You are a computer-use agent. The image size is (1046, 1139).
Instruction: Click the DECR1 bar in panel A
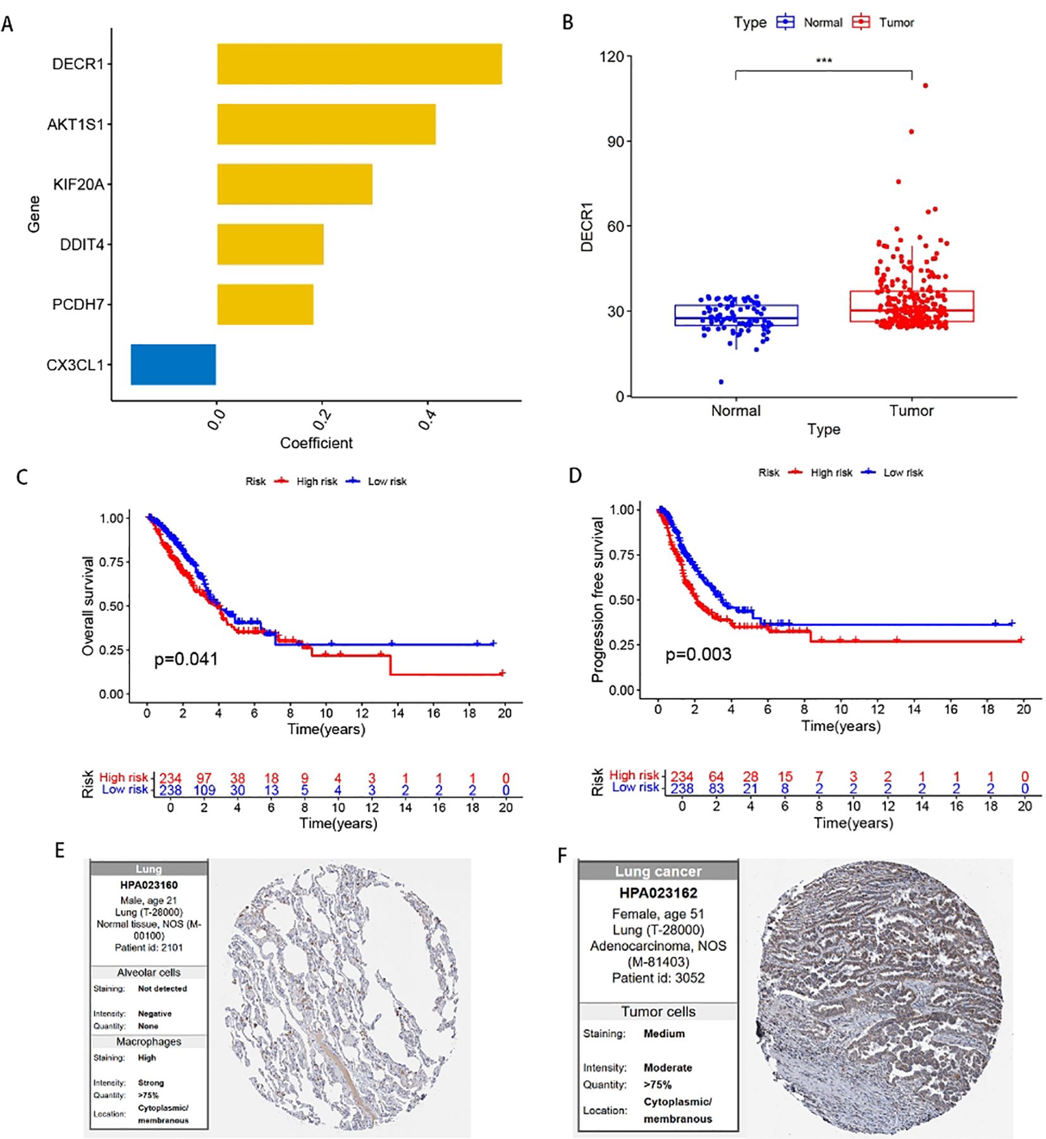tap(359, 64)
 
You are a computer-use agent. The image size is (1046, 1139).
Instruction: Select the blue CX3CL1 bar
tap(173, 364)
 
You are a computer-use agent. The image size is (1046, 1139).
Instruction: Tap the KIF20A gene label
tap(78, 185)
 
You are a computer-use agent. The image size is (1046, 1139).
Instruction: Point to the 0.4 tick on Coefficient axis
tap(428, 418)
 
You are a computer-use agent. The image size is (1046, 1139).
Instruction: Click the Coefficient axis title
tap(316, 443)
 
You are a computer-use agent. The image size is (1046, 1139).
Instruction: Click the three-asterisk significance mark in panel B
tap(823, 61)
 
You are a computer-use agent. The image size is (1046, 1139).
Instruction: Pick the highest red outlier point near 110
tap(925, 85)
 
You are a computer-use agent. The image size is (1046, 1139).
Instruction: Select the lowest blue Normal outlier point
tap(721, 382)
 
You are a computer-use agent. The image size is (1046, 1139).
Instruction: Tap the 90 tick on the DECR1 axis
tap(615, 141)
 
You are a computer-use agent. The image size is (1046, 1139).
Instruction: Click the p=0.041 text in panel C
tap(186, 660)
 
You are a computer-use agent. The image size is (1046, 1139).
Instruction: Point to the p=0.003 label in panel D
tap(698, 655)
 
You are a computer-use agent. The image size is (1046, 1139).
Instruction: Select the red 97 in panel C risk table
tap(204, 778)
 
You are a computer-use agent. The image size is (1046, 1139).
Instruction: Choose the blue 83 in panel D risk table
tap(716, 789)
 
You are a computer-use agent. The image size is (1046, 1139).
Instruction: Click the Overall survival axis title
tap(88, 605)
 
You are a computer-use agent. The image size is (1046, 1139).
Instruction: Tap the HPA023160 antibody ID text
tap(149, 885)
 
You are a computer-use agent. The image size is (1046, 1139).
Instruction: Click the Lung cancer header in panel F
tap(658, 871)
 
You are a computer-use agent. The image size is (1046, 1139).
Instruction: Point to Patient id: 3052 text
tap(658, 978)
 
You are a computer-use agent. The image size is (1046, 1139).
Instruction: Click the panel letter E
tap(59, 850)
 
